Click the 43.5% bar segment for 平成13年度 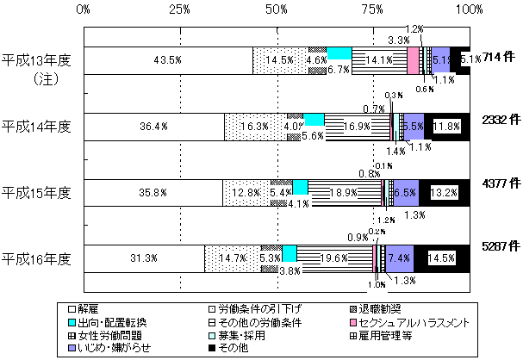[x=168, y=60]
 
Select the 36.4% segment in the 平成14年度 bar [x=154, y=127]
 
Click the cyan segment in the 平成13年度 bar [x=339, y=53]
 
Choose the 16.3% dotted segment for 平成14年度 [x=255, y=127]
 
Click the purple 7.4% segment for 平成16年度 [x=398, y=258]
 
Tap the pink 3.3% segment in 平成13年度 [x=413, y=60]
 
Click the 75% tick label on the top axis [x=372, y=9]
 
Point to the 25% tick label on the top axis [x=179, y=9]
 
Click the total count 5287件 [x=500, y=247]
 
